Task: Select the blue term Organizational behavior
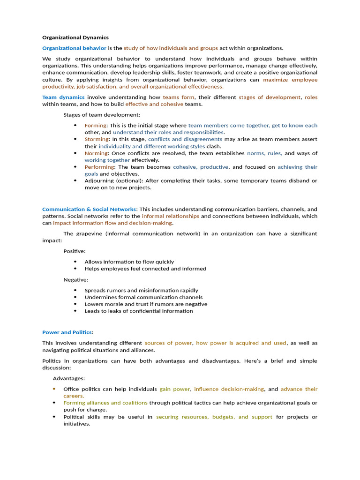click(74, 48)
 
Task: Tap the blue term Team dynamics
click(63, 97)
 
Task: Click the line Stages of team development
click(102, 115)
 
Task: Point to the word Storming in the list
click(96, 139)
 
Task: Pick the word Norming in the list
click(96, 153)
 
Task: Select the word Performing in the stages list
click(99, 167)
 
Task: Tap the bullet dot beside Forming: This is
click(75, 126)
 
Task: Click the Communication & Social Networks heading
click(90, 209)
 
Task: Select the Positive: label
click(75, 251)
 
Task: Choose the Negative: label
click(76, 280)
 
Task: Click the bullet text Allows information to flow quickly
click(129, 262)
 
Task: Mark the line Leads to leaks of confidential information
click(138, 311)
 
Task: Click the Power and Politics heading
click(67, 332)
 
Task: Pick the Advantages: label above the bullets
click(69, 378)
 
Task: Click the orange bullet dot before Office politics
click(54, 389)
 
